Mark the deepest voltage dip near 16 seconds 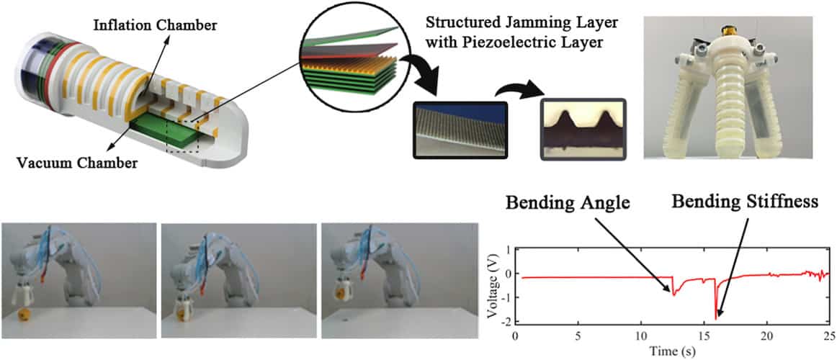(x=716, y=318)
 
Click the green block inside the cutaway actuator (x=166, y=129)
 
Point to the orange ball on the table (x=25, y=314)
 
